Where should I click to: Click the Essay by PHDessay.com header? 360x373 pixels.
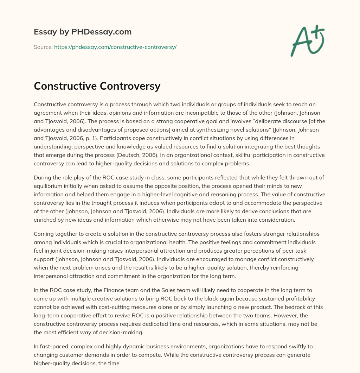point(83,32)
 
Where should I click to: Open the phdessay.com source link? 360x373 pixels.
point(115,47)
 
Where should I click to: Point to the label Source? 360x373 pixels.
point(43,47)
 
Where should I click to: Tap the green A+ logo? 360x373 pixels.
point(307,40)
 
